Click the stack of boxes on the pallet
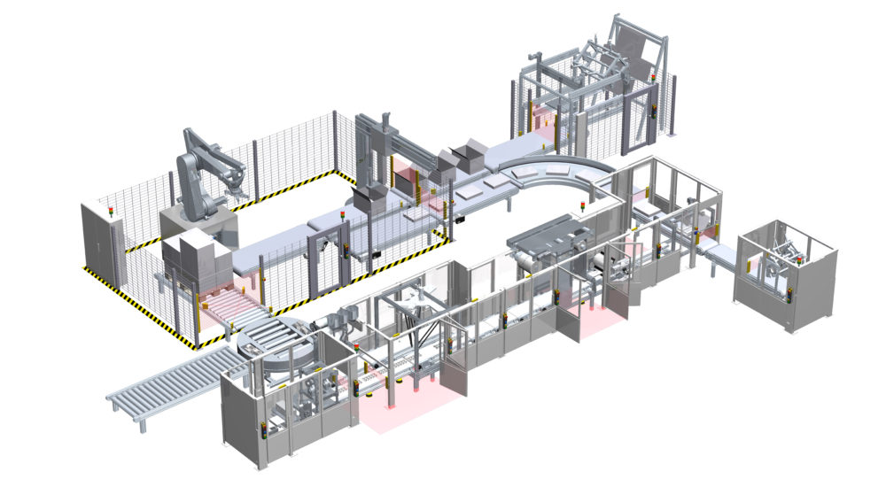[x=192, y=257]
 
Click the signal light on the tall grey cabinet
[x=109, y=211]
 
